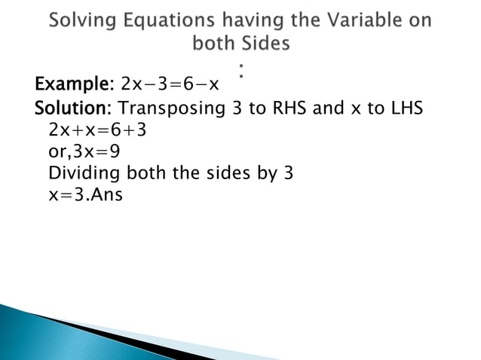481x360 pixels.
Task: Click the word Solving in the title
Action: [x=81, y=20]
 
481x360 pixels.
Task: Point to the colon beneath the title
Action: [x=241, y=71]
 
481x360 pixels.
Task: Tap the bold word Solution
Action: [x=74, y=108]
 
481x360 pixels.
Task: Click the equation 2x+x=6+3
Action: [x=97, y=130]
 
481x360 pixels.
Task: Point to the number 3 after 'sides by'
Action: [x=287, y=173]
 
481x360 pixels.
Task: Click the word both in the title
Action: [x=214, y=44]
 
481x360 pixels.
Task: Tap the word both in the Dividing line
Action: [x=151, y=173]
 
